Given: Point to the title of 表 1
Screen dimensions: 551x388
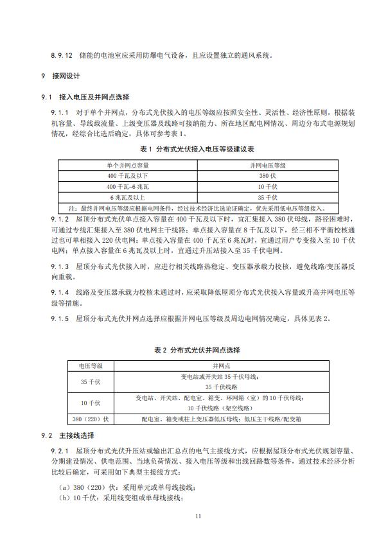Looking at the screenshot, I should (x=194, y=148).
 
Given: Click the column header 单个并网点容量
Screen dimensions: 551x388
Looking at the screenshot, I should (x=127, y=165).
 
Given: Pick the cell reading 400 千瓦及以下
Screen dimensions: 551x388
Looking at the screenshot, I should (x=127, y=175).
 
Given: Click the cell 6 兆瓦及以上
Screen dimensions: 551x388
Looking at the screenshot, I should (x=127, y=197).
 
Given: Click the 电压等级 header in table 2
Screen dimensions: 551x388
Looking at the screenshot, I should (x=91, y=365).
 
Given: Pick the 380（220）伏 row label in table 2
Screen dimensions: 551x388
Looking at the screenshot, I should (x=91, y=418).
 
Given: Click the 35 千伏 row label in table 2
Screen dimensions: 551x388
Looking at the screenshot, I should (x=91, y=381).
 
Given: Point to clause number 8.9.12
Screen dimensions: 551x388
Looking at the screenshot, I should (x=62, y=55).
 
